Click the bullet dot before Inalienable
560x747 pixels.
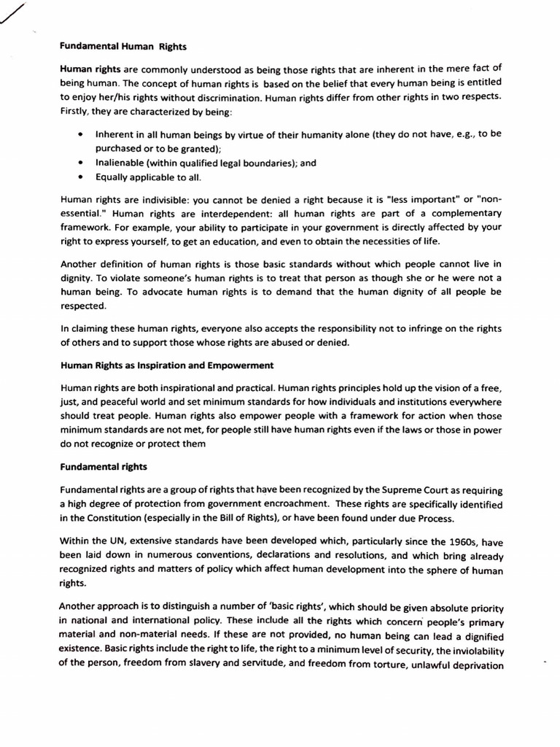(79, 163)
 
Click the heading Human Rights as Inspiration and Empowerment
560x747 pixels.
(167, 364)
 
